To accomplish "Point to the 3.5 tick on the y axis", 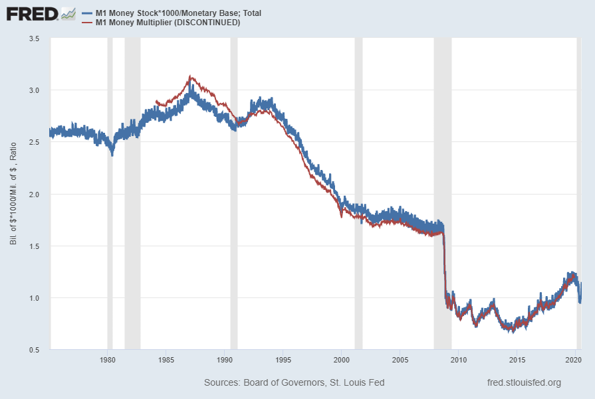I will (34, 39).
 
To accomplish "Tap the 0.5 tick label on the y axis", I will (34, 350).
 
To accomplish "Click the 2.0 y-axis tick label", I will (34, 195).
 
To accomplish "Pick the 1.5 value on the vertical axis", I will (34, 246).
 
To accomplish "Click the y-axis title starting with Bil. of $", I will (13, 194).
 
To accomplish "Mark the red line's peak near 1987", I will (191, 76).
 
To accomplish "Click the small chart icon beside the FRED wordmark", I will (68, 13).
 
